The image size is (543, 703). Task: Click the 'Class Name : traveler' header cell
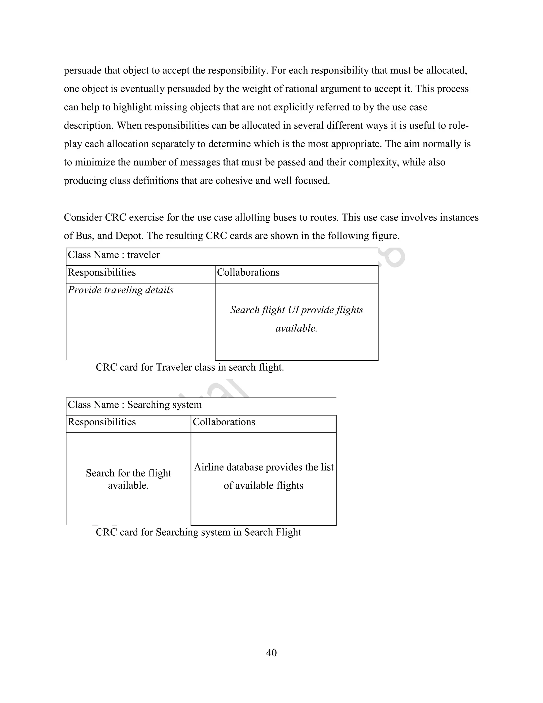pyautogui.click(x=113, y=255)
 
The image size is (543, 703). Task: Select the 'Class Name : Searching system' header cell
pyautogui.click(x=134, y=405)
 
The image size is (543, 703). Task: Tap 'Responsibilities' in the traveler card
pyautogui.click(x=102, y=273)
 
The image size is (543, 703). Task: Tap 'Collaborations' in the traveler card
pyautogui.click(x=248, y=273)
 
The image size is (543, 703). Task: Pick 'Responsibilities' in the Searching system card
pyautogui.click(x=102, y=422)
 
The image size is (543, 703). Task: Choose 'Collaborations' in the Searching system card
pyautogui.click(x=224, y=422)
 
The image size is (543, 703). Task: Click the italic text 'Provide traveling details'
pyautogui.click(x=120, y=290)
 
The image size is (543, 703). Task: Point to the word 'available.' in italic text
pyautogui.click(x=296, y=328)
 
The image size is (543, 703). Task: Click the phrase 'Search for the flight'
pyautogui.click(x=128, y=473)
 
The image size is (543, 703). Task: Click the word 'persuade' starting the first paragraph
pyautogui.click(x=82, y=71)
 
